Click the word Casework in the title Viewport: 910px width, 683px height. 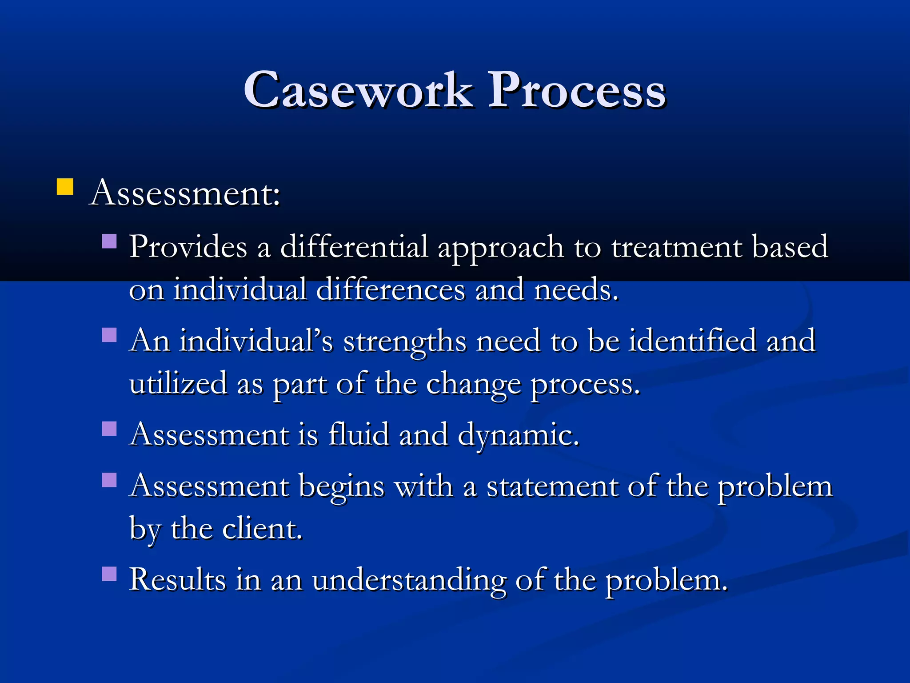pos(358,91)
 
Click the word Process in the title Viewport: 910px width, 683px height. pos(577,91)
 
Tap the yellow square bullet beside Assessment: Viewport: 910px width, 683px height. pos(65,187)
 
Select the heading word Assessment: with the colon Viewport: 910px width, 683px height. pos(185,194)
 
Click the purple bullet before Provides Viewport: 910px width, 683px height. pos(109,241)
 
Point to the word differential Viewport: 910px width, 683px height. pos(354,247)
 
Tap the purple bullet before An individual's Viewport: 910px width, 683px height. pos(109,334)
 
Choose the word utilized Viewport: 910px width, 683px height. pos(178,384)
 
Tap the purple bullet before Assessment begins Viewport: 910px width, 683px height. pos(109,480)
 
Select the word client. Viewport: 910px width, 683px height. pos(262,529)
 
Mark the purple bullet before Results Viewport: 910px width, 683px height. pos(109,574)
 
